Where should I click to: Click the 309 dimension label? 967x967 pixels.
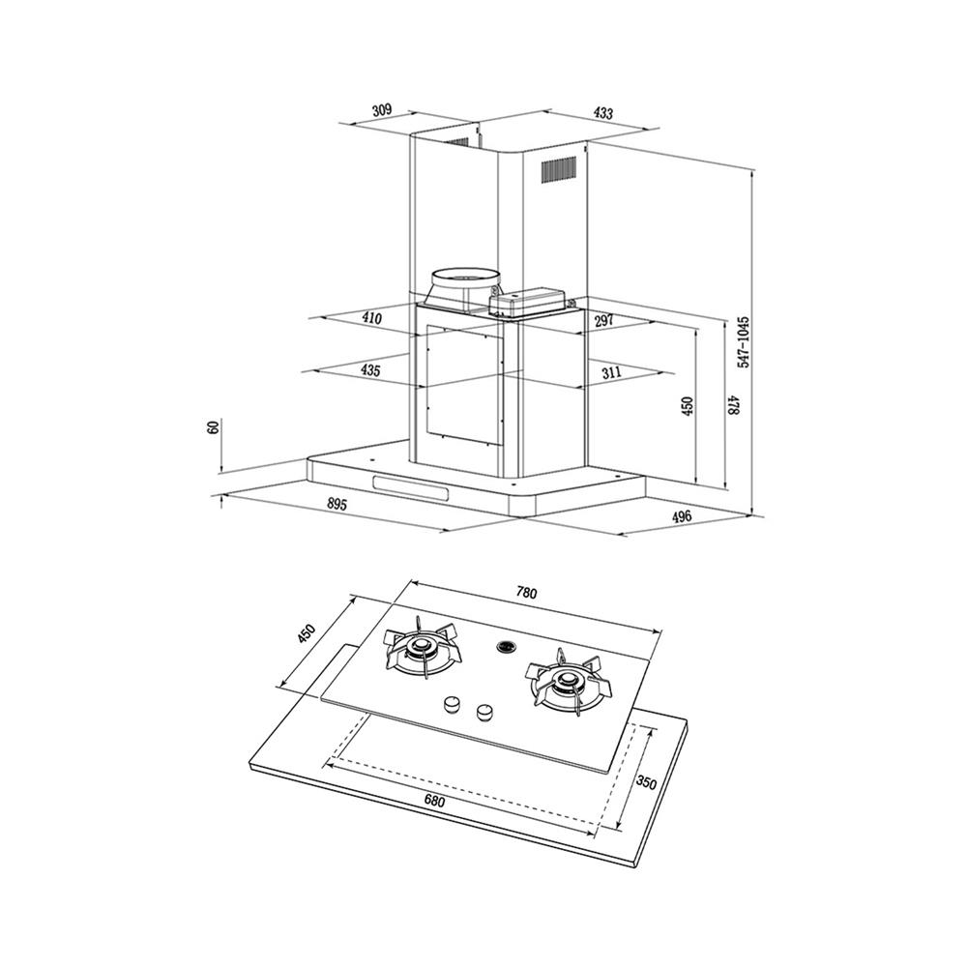coord(382,110)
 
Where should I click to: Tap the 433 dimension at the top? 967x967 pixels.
coord(603,113)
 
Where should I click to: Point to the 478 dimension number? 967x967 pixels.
coord(733,404)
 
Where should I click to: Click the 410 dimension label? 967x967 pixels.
coord(372,318)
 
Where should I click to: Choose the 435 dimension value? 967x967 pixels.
coord(370,370)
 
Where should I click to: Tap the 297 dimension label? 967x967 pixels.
coord(603,321)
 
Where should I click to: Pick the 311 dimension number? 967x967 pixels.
coord(610,372)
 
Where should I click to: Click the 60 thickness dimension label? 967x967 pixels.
coord(214,426)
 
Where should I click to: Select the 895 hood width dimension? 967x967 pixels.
coord(337,504)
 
